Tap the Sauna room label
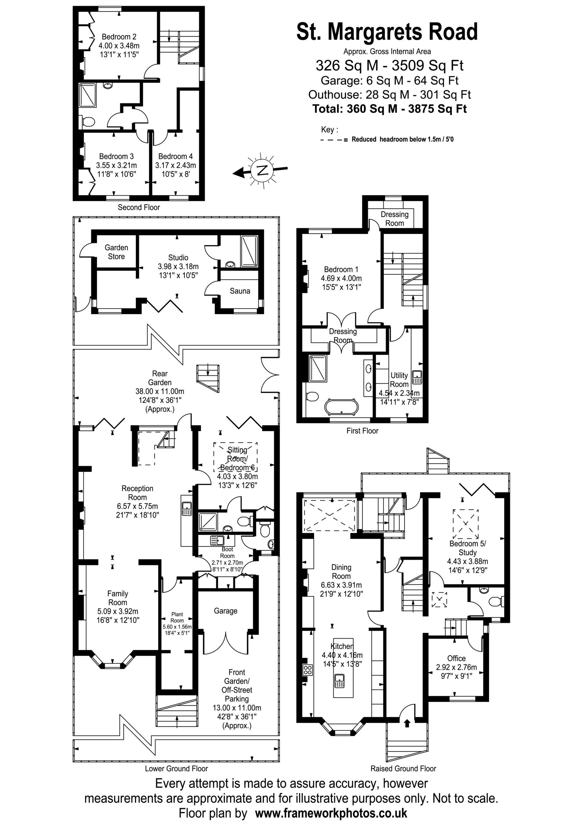pos(240,291)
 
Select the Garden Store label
pos(116,252)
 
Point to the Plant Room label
pos(177,617)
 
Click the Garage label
pos(225,611)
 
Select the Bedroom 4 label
pos(175,156)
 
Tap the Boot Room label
pos(227,552)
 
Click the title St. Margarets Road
pos(387,32)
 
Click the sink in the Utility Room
pos(417,377)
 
